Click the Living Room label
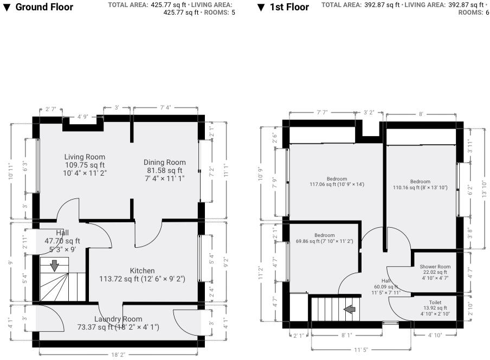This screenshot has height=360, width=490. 85,157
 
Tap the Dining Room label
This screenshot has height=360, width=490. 164,162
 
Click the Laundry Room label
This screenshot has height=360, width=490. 118,319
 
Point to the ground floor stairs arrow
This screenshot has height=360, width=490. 55,266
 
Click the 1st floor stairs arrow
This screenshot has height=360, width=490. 350,309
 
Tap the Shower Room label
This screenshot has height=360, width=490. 435,266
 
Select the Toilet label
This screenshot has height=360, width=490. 435,303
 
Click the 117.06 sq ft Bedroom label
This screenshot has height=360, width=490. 337,179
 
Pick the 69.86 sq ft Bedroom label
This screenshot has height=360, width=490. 325,235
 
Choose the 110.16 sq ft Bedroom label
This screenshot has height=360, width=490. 420,182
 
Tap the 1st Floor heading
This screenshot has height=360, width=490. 289,7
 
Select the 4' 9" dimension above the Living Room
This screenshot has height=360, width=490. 83,117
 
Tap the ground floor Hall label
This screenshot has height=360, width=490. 62,233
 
